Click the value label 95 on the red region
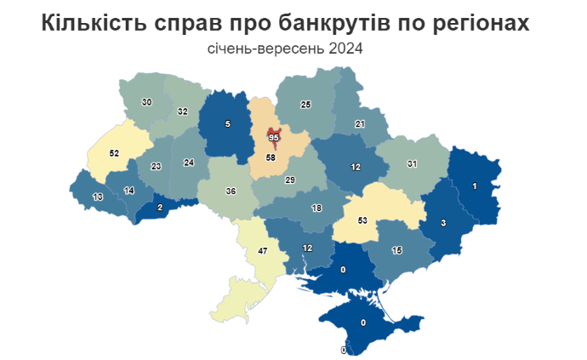point(274,137)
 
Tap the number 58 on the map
point(271,158)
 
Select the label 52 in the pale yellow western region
point(115,153)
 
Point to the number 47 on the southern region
point(263,251)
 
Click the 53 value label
point(362,220)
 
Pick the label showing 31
point(413,163)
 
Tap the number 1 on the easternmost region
point(474,186)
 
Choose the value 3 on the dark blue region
point(443,223)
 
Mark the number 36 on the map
point(230,191)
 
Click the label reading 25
point(306,105)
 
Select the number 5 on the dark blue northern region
point(227,124)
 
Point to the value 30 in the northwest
point(146,102)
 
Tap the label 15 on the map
point(396,250)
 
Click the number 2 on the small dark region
point(159,207)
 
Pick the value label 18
point(316,209)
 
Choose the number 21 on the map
point(360,124)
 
